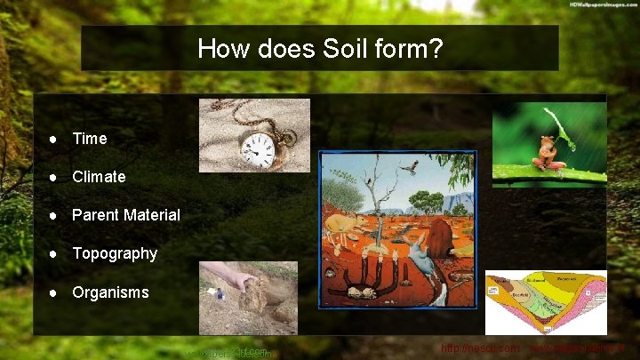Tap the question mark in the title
pyautogui.click(x=436, y=48)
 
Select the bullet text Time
pyautogui.click(x=89, y=139)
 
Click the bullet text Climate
pyautogui.click(x=99, y=177)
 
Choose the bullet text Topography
pyautogui.click(x=114, y=253)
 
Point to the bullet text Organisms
pyautogui.click(x=110, y=292)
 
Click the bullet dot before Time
pyautogui.click(x=54, y=139)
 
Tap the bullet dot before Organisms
pyautogui.click(x=54, y=292)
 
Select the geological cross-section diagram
pyautogui.click(x=546, y=302)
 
